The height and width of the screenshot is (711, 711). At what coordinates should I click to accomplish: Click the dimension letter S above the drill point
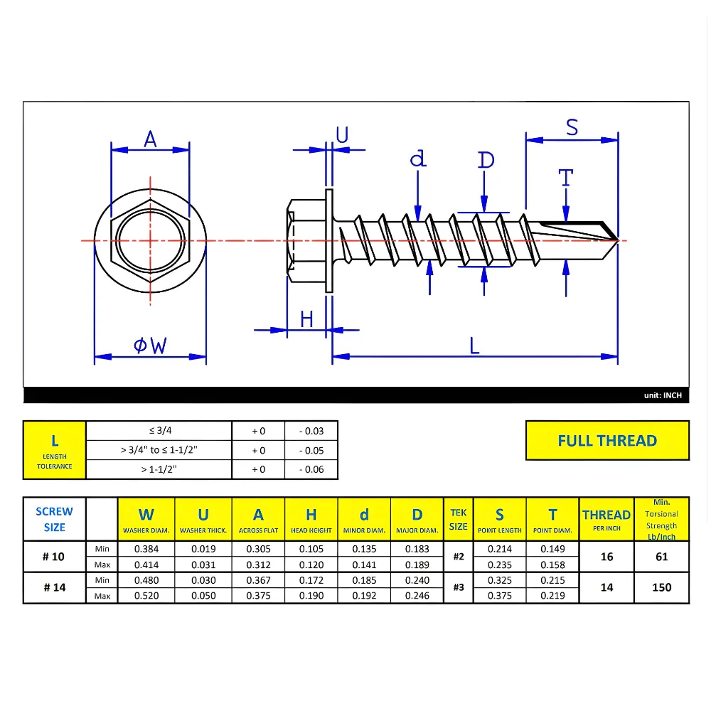572,127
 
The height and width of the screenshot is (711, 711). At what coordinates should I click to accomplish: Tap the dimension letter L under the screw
474,346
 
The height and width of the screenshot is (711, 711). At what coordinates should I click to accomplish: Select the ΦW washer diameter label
150,346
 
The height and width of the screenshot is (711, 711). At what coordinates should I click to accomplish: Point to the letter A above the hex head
150,139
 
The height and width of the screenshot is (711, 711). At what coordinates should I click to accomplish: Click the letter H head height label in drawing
306,320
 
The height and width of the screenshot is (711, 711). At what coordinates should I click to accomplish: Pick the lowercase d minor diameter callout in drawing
417,159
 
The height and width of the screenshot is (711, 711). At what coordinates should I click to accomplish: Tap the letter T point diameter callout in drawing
565,178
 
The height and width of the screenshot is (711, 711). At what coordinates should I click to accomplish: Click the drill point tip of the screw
618,240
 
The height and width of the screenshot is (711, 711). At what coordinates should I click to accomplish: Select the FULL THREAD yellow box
607,440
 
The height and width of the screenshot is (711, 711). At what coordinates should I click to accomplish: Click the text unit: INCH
663,395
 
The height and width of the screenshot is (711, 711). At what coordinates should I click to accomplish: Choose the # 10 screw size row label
53,557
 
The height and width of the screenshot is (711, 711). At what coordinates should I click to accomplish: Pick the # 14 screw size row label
55,587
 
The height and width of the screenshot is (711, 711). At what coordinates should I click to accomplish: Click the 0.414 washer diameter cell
146,565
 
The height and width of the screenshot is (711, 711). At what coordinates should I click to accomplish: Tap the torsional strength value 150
661,588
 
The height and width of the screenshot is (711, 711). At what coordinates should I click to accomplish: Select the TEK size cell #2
459,557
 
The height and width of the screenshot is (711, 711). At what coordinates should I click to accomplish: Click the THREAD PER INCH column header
606,519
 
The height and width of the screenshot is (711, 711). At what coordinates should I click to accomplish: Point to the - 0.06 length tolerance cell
311,469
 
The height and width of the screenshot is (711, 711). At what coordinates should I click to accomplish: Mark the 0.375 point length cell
500,596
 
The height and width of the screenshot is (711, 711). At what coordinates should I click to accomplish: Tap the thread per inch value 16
606,557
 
